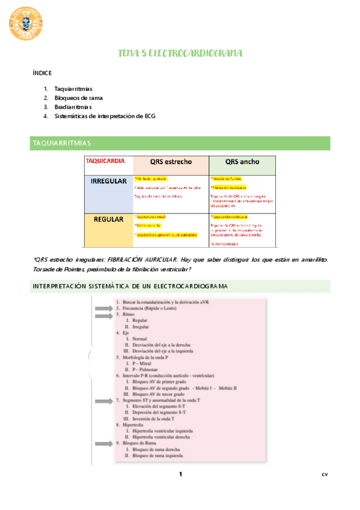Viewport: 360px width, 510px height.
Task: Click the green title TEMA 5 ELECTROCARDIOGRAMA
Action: point(180,54)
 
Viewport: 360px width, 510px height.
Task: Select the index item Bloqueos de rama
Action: point(78,97)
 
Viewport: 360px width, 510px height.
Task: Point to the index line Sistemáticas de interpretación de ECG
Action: point(104,115)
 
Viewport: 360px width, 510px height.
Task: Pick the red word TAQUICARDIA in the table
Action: point(105,161)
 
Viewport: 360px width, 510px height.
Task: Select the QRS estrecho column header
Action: point(171,161)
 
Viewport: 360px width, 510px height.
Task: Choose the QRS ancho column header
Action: point(242,161)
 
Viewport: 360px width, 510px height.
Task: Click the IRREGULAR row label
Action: point(108,181)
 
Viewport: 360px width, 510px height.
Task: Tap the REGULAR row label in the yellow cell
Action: point(108,219)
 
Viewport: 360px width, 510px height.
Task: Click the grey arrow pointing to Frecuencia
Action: point(102,307)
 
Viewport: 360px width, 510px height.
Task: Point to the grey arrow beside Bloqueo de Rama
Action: point(102,443)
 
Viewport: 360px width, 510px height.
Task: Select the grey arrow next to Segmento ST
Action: point(102,400)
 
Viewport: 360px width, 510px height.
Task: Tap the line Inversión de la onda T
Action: point(154,418)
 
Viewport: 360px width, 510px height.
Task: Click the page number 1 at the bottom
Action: point(180,475)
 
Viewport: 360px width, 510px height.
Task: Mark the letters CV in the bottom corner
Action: point(325,475)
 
